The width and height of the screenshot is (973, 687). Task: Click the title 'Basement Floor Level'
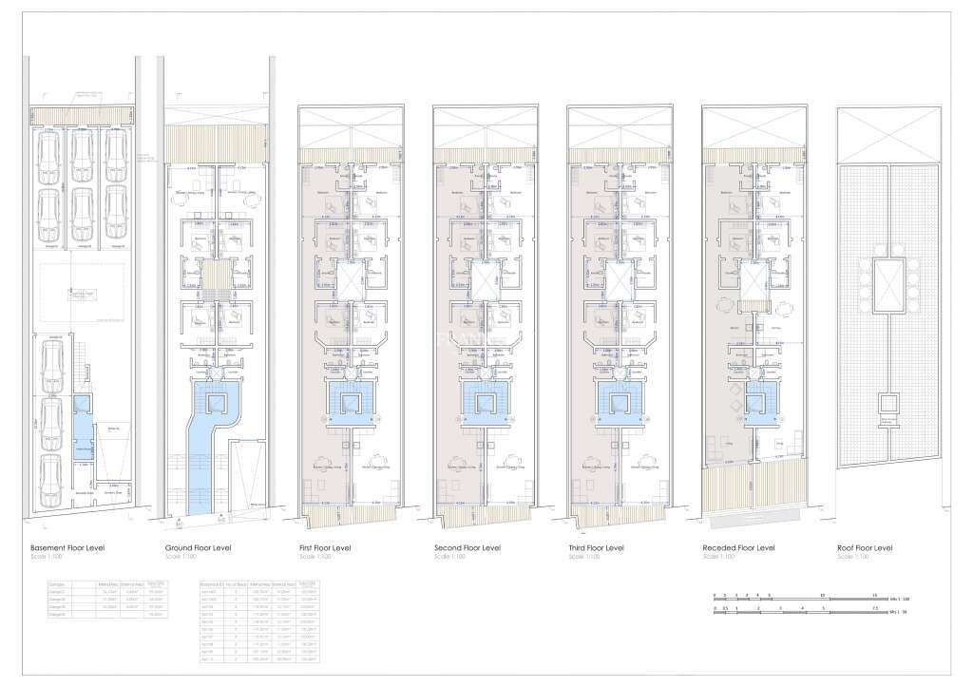pyautogui.click(x=67, y=548)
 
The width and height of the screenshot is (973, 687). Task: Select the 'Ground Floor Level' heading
pyautogui.click(x=199, y=548)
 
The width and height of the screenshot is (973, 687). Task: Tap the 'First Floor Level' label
pyautogui.click(x=328, y=548)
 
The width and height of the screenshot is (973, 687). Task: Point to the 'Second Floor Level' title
pyautogui.click(x=467, y=548)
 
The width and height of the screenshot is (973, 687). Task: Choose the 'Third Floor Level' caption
pyautogui.click(x=598, y=548)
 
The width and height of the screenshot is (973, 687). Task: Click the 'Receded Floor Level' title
pyautogui.click(x=738, y=548)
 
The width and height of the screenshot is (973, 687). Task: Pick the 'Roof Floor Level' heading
pyautogui.click(x=865, y=548)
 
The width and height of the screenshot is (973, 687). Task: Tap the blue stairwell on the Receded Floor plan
pyautogui.click(x=760, y=399)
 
